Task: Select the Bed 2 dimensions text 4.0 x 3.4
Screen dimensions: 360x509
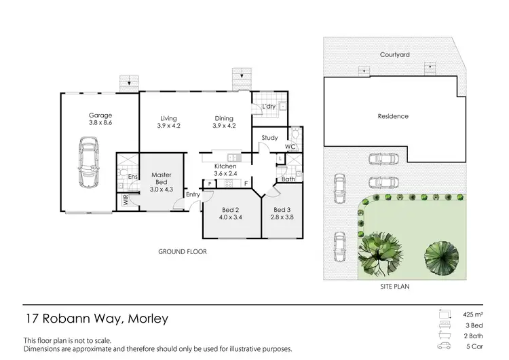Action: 231,217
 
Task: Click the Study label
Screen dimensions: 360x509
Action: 269,138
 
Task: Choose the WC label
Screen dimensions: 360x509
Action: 290,146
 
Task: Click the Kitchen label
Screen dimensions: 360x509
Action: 225,166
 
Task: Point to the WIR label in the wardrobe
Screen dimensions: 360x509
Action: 126,200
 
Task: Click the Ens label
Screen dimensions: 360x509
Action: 133,177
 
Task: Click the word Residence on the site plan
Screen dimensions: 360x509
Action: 393,116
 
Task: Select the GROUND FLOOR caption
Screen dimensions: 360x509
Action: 183,252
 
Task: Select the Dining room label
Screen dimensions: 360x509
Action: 224,116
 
